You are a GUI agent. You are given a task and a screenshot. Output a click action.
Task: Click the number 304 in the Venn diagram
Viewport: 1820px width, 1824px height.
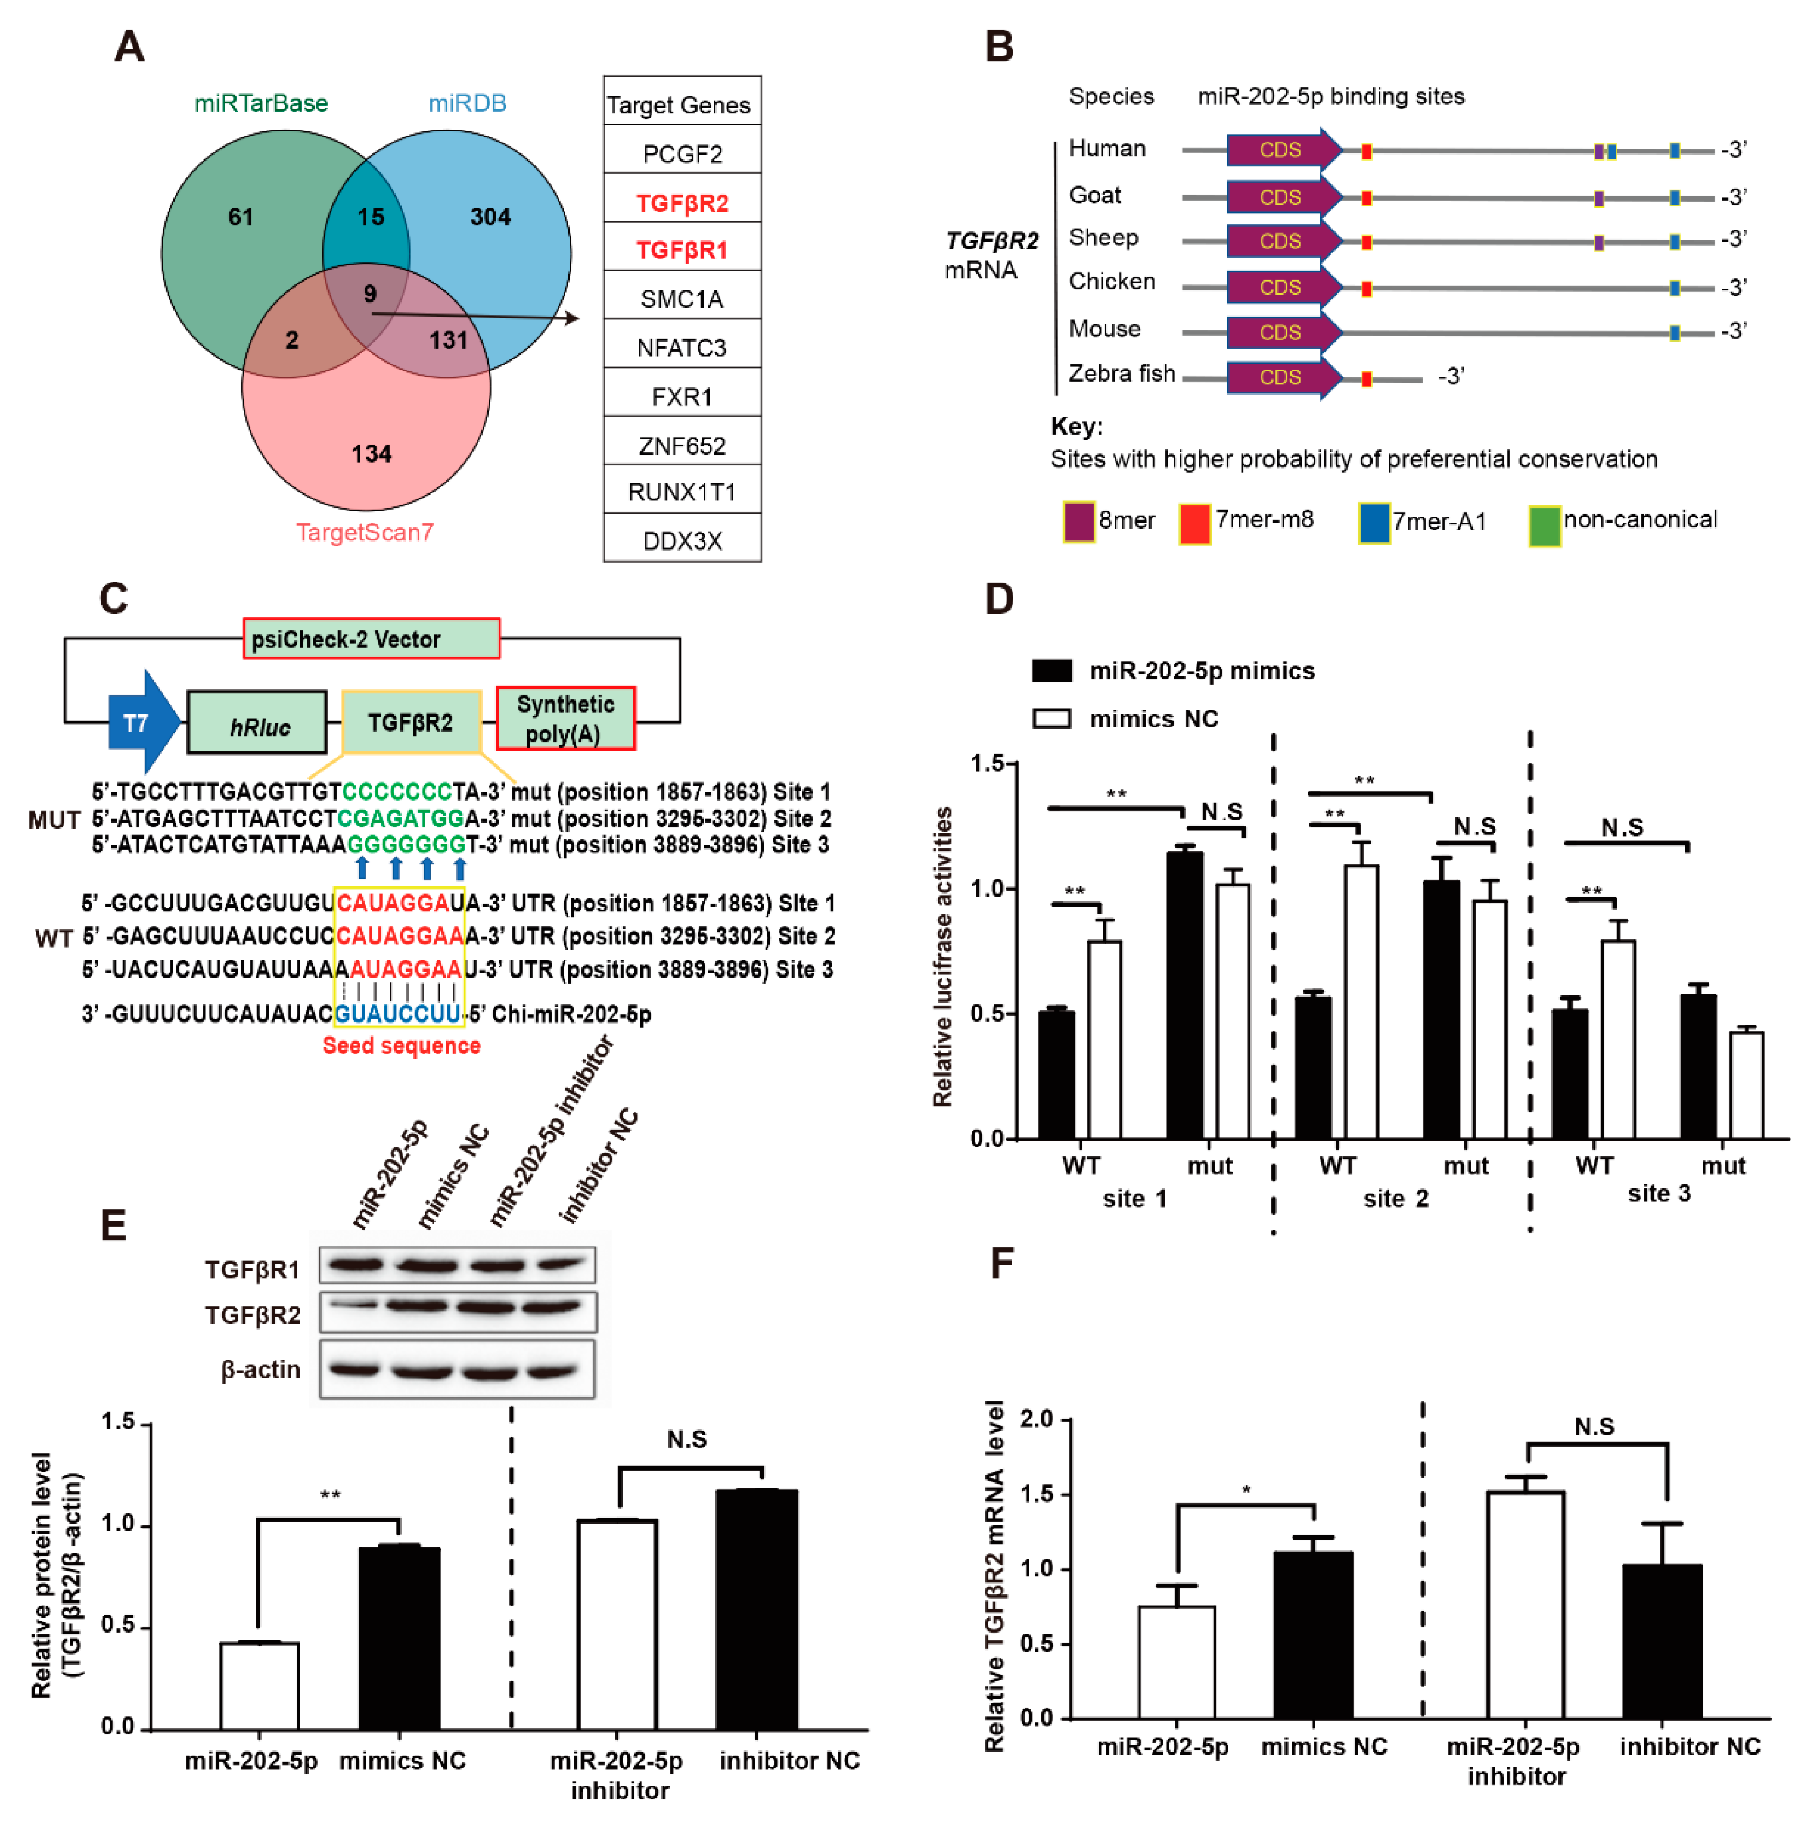click(490, 217)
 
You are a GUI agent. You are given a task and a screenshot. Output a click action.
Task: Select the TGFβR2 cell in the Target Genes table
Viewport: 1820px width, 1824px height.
click(681, 202)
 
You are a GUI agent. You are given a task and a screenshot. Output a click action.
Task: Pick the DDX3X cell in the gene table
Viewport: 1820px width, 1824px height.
click(681, 541)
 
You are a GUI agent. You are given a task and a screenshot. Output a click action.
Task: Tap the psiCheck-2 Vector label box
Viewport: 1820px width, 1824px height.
click(371, 639)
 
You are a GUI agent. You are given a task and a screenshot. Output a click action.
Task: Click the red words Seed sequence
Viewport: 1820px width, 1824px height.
click(401, 1045)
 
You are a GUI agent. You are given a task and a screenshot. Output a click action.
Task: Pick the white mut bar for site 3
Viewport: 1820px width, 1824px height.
click(1745, 1086)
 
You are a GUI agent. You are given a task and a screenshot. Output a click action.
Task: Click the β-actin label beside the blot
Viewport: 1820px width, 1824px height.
click(260, 1369)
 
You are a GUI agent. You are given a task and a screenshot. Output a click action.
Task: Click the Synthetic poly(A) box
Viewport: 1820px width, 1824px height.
click(565, 718)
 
